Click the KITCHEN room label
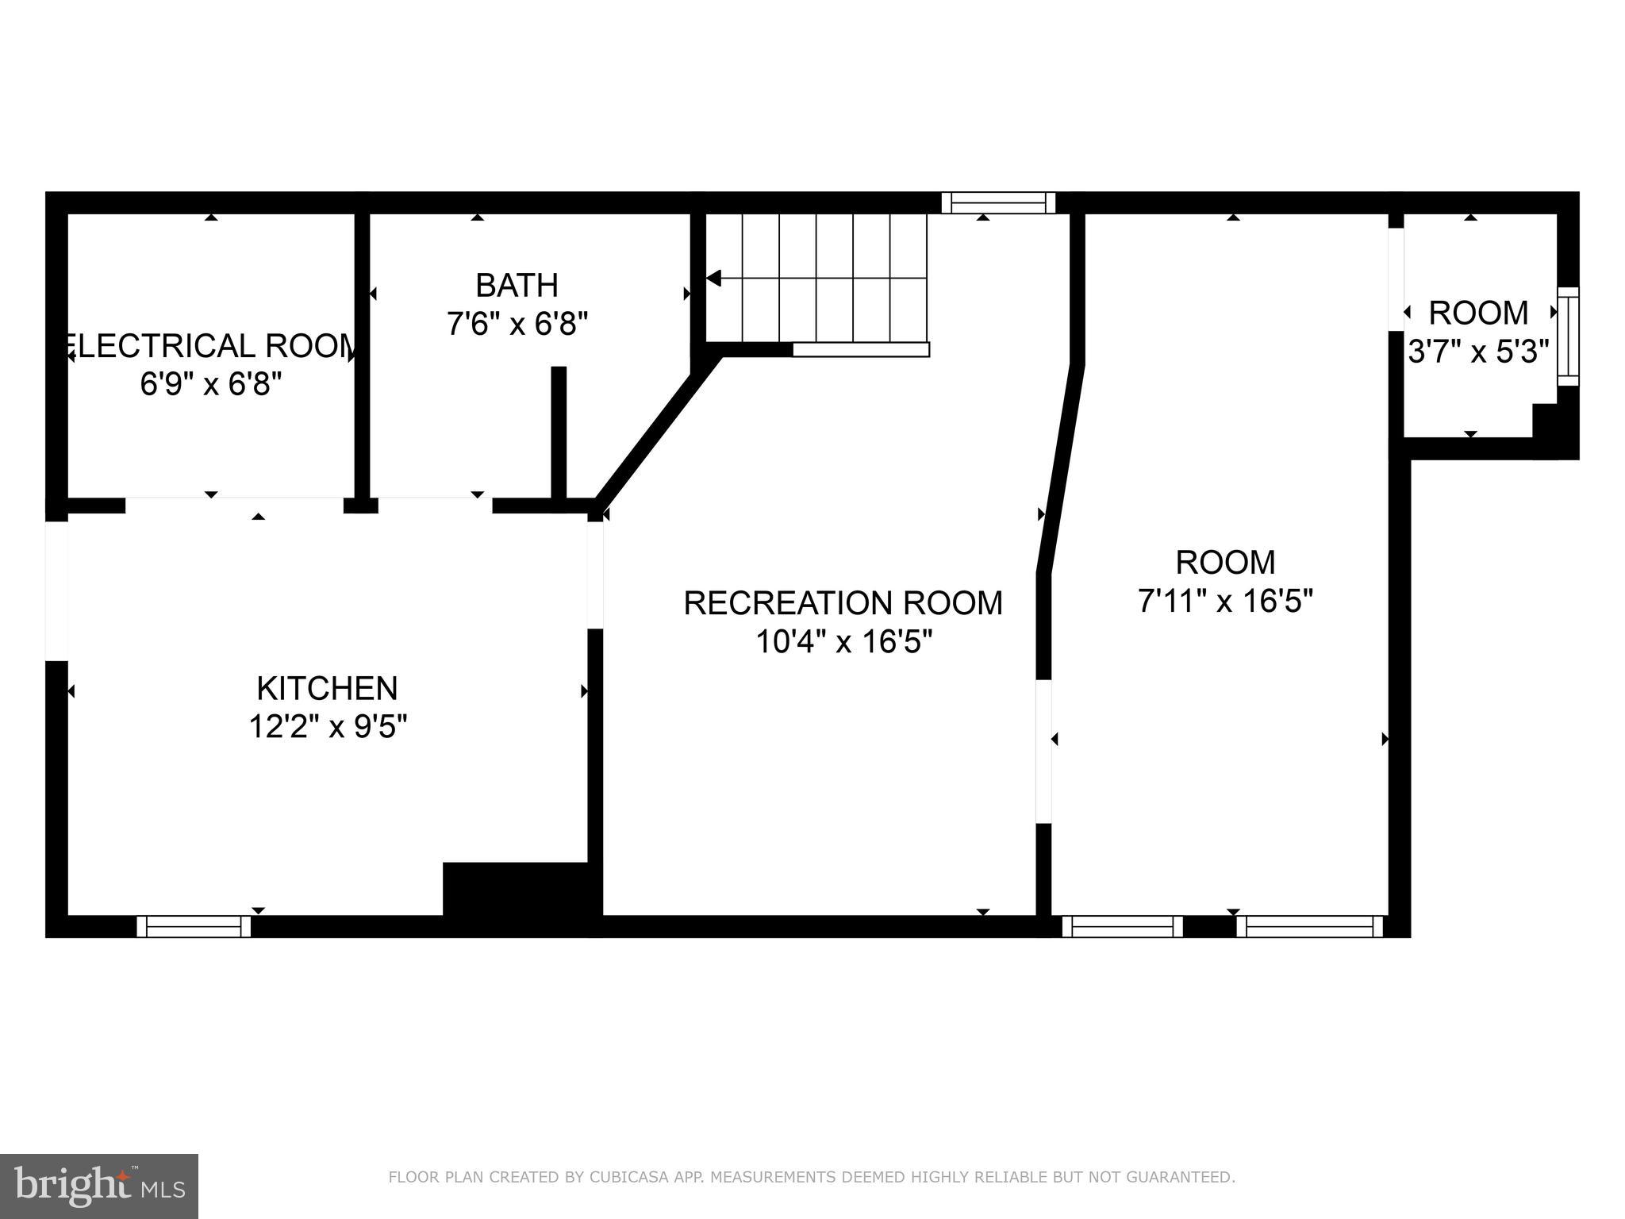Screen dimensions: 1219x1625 point(327,688)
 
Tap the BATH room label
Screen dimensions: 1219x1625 point(517,285)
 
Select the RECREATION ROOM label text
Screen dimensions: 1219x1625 point(843,603)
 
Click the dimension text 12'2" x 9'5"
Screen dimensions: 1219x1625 point(328,727)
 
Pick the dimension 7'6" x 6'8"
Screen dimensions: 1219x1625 point(517,324)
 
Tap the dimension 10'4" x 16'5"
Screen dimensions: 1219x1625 point(843,642)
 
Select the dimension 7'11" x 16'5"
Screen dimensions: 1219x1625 point(1225,602)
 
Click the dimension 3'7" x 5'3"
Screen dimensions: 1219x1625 point(1478,352)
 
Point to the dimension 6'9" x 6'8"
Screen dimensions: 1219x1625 point(211,385)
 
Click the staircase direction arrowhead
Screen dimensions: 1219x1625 point(713,279)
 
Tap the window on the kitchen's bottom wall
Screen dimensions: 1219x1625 point(194,926)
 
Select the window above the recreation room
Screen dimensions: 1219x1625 point(998,203)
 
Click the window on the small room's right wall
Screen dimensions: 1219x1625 point(1568,336)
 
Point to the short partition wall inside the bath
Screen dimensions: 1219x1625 point(559,433)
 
